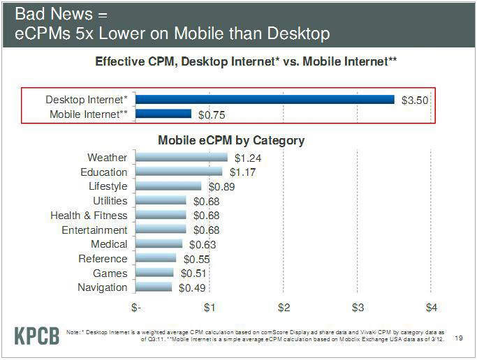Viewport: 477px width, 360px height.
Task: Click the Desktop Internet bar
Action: coord(265,100)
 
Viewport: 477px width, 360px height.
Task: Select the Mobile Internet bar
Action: coord(163,114)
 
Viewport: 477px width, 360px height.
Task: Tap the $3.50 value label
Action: coord(414,100)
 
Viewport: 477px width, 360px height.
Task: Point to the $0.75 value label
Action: coord(212,114)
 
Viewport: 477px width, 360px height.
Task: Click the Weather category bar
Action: coord(182,158)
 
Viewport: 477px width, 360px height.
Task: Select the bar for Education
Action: coord(179,172)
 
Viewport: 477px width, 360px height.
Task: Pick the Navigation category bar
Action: coord(154,287)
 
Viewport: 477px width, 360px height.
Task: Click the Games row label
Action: coord(110,273)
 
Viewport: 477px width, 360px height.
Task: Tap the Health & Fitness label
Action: coord(89,216)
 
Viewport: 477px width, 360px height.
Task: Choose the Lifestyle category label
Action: coord(108,186)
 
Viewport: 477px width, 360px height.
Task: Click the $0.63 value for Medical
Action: coord(203,244)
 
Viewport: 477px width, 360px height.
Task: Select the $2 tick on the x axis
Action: coord(284,307)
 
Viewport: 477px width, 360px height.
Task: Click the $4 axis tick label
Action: coord(432,307)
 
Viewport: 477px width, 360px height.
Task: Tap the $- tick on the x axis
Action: coord(135,307)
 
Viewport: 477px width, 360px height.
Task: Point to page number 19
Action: coord(459,338)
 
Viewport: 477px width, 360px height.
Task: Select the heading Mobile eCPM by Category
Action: coord(231,140)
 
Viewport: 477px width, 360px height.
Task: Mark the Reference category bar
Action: coord(156,258)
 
